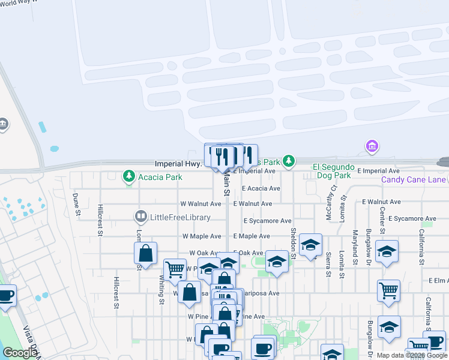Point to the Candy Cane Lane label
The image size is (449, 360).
(414, 179)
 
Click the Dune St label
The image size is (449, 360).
(76, 204)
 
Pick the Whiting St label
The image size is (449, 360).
(161, 290)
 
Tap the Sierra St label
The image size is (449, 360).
(328, 265)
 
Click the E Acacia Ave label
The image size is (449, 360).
(261, 188)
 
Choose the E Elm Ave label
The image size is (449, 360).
(439, 280)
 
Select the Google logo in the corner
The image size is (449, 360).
(20, 353)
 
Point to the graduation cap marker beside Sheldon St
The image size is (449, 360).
(310, 245)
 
